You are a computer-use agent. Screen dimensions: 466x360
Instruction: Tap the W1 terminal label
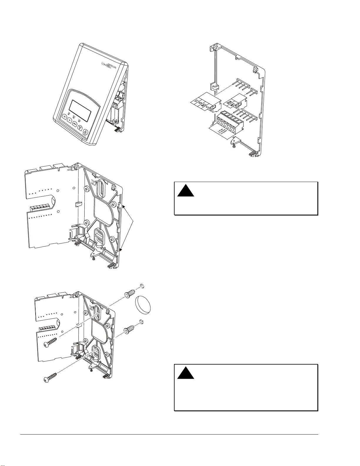coord(233,106)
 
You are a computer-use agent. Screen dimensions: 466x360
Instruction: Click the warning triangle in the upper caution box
coord(185,191)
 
